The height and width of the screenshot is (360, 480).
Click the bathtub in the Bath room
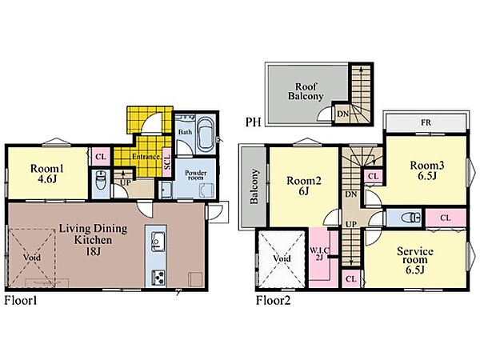pos(206,135)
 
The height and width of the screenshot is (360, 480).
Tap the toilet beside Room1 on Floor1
pos(101,180)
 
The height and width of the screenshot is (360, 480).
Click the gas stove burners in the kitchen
pos(158,278)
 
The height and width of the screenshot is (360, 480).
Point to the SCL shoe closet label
pos(167,162)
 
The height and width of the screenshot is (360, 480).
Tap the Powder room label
pos(196,174)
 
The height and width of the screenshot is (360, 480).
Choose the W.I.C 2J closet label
pos(319,254)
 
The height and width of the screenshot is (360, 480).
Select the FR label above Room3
pos(426,122)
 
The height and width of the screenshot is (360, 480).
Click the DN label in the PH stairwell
pos(343,114)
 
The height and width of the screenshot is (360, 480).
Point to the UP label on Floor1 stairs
pos(125,182)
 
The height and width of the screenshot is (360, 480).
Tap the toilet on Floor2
pos(411,218)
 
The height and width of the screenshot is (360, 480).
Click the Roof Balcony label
pos(306,91)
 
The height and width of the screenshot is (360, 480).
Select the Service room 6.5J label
pos(415,260)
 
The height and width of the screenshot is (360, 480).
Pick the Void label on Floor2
pos(282,258)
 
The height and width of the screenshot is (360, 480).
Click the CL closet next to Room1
pos(101,157)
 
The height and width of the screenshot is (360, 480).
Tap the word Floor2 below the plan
pos(273,300)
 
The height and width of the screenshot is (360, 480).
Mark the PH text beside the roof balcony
pos(253,122)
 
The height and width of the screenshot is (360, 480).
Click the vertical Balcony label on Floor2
pos(254,186)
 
